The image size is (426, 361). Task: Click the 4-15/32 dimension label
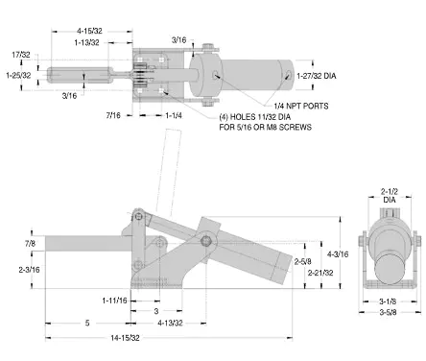pyautogui.click(x=89, y=31)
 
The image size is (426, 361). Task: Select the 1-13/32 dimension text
pyautogui.click(x=86, y=42)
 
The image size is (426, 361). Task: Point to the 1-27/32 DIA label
pyautogui.click(x=317, y=76)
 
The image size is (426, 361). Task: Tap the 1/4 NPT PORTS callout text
pyautogui.click(x=301, y=106)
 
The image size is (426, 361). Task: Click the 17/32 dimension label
pyautogui.click(x=21, y=55)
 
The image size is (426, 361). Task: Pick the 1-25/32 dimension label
pyautogui.click(x=18, y=75)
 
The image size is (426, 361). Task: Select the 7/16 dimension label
pyautogui.click(x=113, y=115)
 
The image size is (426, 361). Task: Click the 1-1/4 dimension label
pyautogui.click(x=174, y=115)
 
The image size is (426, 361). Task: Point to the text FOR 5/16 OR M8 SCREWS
pyautogui.click(x=265, y=127)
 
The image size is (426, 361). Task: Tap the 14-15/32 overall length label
pyautogui.click(x=125, y=338)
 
